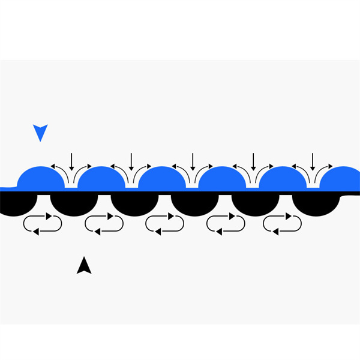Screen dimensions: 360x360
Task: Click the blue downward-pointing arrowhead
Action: pyautogui.click(x=40, y=131)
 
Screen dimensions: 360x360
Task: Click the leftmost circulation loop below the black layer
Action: pyautogui.click(x=42, y=223)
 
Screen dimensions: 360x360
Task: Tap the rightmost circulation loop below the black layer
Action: pyautogui.click(x=283, y=223)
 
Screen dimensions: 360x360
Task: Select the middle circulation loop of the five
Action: pyautogui.click(x=164, y=223)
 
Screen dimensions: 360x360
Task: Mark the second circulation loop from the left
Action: pyautogui.click(x=104, y=223)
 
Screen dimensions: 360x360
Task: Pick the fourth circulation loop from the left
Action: pyautogui.click(x=225, y=223)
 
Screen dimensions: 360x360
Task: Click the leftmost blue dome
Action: pyautogui.click(x=41, y=179)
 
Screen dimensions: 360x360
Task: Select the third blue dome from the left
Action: pyautogui.click(x=161, y=179)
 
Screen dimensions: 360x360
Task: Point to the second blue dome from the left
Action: pyautogui.click(x=101, y=179)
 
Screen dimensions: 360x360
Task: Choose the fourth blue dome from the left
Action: pyautogui.click(x=222, y=179)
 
